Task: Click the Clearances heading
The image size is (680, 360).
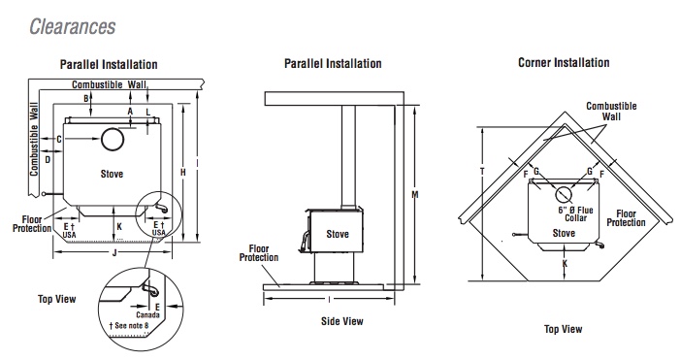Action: pos(73,27)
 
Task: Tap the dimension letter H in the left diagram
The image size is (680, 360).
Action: pos(183,172)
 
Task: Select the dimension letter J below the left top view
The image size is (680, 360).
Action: pos(114,252)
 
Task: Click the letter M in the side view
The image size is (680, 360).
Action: pos(414,195)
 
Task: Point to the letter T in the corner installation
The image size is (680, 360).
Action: pos(482,172)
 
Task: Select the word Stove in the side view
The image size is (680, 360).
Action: pos(338,234)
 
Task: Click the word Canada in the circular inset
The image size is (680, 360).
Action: pos(147,315)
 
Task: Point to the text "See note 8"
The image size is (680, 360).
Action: pos(129,325)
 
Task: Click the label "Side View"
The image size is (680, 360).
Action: pos(342,321)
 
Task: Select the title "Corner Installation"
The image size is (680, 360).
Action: pos(564,63)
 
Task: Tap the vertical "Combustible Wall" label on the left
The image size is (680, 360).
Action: pos(34,139)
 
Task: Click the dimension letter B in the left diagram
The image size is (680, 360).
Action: pos(86,99)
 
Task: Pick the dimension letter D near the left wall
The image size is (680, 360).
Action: pos(48,159)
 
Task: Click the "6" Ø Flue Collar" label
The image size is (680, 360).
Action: pos(575,213)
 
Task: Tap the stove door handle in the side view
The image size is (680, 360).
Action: pos(304,240)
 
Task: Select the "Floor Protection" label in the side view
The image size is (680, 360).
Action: pos(259,253)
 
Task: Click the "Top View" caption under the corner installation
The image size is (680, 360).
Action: pos(563,329)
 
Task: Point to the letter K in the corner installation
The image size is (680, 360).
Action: pos(565,264)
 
